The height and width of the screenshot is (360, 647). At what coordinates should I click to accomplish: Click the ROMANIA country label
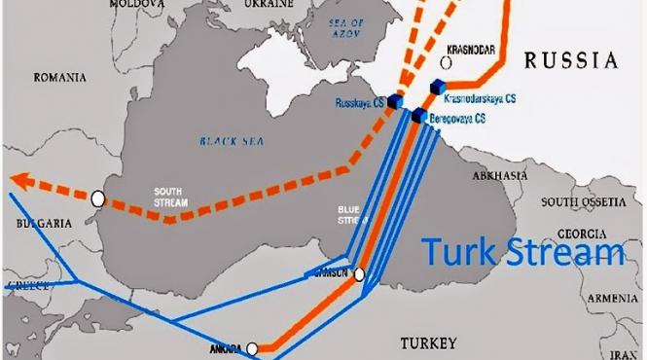tap(60, 77)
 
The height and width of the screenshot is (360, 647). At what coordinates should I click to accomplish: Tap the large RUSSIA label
tap(571, 60)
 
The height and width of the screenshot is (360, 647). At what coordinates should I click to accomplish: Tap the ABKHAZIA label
tap(499, 176)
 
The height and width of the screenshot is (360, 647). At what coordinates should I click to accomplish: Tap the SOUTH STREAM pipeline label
tap(169, 196)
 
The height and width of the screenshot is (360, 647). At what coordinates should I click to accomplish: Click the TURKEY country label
tap(427, 344)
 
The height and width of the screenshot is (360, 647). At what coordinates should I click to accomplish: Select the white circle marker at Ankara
tap(252, 347)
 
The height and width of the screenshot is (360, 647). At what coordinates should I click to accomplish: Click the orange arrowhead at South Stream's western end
tap(21, 178)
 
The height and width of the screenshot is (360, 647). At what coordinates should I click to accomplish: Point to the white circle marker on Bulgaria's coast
tap(97, 198)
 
